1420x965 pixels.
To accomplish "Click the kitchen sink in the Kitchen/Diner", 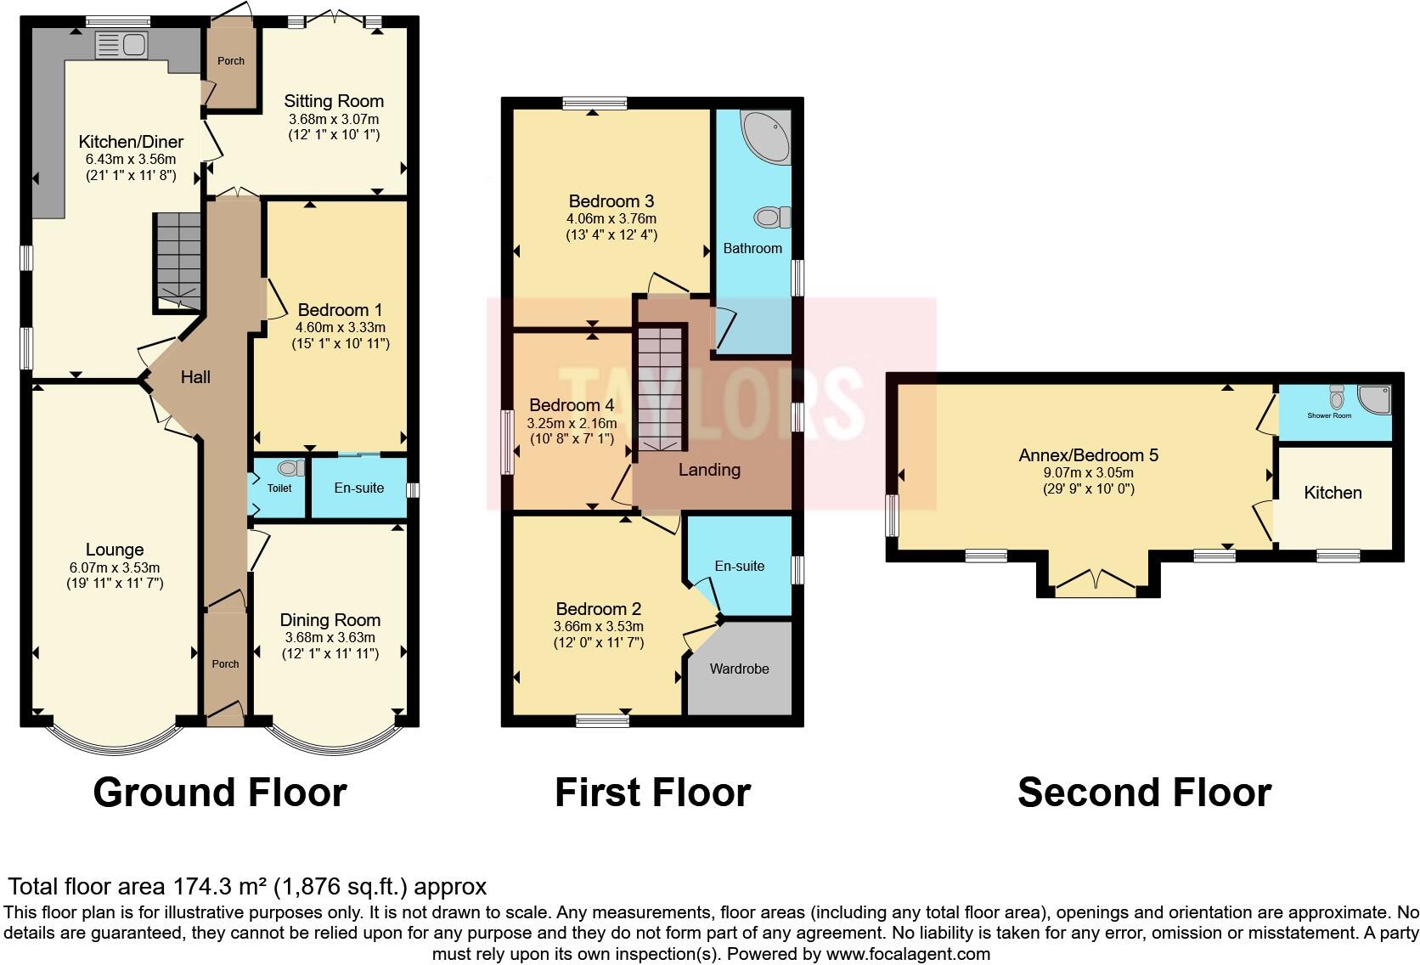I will point(122,44).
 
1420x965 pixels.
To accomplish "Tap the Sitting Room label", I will point(334,101).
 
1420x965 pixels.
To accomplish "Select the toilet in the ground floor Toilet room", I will point(290,468).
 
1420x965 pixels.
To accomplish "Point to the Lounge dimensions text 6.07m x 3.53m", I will point(115,567).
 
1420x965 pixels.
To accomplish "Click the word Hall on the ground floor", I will point(195,377).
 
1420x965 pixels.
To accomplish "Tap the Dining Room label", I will point(330,620).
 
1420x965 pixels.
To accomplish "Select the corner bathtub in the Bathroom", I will point(767,135).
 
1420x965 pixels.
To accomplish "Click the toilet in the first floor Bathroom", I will point(772,218).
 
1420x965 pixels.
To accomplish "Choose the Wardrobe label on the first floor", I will point(739,669).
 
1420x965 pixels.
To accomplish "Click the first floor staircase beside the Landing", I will point(660,388).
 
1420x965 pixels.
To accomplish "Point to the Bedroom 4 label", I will point(572,405).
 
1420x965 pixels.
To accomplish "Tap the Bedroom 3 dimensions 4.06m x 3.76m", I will point(611,218).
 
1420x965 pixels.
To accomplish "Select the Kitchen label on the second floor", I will point(1333,493).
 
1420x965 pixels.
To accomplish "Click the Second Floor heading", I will point(1144,792).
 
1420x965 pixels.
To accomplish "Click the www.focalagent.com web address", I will point(908,954).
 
